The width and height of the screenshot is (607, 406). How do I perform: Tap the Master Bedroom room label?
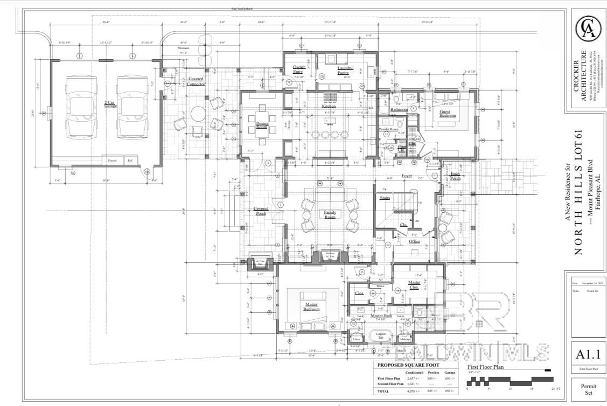tap(311, 307)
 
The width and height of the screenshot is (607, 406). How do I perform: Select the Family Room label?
tap(330, 214)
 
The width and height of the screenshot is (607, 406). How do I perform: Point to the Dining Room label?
tap(262, 126)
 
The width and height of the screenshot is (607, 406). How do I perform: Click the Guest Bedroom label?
tap(448, 113)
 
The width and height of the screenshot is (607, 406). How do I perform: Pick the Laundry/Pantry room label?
tap(345, 70)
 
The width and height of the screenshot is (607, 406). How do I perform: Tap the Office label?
tap(414, 242)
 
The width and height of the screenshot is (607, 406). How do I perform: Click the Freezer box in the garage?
tap(112, 160)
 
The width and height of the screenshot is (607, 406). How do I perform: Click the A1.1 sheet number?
tap(588, 354)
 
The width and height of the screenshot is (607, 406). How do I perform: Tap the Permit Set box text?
tap(588, 390)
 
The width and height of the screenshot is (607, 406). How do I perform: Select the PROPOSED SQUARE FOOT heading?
tap(408, 365)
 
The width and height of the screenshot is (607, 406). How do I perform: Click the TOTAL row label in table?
tap(383, 391)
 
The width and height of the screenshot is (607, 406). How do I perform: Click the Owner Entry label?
tap(299, 69)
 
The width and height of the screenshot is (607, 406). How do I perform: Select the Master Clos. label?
tap(414, 285)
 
